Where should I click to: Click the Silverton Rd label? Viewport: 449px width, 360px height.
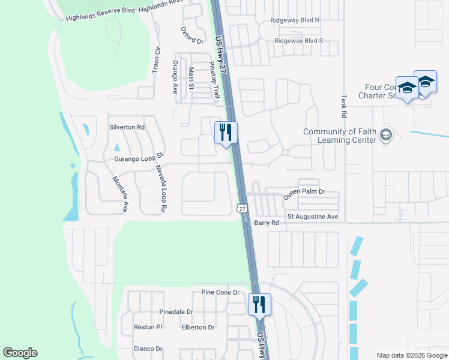click(127, 127)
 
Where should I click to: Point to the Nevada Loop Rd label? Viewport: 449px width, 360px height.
click(161, 189)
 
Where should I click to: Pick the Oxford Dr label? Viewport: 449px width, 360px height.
click(192, 35)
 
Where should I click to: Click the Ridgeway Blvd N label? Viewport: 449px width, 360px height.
click(297, 20)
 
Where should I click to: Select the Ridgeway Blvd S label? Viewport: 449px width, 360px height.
click(298, 41)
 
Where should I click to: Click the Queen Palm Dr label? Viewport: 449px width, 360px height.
click(304, 192)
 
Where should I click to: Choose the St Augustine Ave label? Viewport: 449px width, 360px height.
click(313, 216)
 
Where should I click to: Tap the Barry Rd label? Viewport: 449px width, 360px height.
click(267, 223)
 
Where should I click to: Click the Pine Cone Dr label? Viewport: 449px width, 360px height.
click(220, 292)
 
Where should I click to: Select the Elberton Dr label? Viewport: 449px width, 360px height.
click(198, 327)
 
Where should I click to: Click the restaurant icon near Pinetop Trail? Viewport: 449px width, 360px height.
click(226, 131)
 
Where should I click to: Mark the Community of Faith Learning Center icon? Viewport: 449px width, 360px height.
click(386, 136)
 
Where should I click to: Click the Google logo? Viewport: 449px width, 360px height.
click(20, 353)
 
